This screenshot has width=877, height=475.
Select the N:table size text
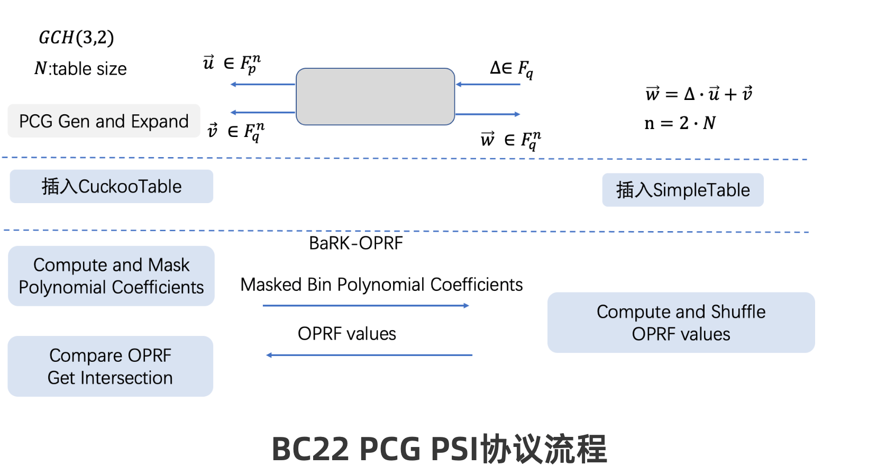80,69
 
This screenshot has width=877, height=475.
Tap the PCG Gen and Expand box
104,121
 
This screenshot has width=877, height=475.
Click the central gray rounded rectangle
375,97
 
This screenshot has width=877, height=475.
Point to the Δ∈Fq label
511,68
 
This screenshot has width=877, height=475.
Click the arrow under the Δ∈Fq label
488,85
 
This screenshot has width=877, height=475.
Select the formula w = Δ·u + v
698,94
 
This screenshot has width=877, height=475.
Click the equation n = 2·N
680,123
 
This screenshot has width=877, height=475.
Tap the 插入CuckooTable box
111,186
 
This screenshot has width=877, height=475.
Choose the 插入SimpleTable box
682,190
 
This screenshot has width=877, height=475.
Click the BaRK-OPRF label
355,243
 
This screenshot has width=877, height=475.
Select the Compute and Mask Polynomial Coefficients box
111,276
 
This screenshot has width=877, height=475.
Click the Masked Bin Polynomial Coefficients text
381,285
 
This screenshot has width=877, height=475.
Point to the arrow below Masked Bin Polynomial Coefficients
366,306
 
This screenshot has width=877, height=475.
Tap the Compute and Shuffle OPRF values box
681,323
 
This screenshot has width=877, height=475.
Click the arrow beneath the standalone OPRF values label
369,355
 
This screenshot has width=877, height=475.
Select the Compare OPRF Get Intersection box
110,367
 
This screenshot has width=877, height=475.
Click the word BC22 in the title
310,449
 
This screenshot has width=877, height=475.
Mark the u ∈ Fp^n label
231,63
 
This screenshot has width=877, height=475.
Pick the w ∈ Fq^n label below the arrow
510,140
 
